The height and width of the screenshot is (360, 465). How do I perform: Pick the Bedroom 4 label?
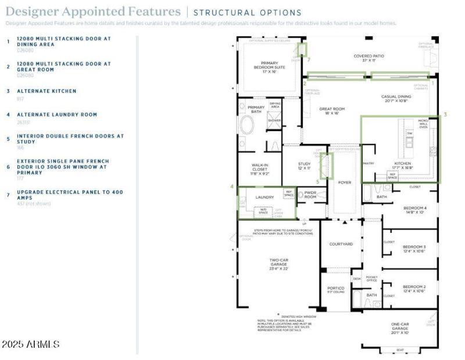click(415, 210)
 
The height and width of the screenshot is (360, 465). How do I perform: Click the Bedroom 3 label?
click(414, 249)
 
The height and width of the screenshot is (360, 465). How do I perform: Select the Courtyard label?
click(341, 244)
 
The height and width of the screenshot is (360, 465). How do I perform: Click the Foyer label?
click(345, 182)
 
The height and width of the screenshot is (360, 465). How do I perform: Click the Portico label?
click(337, 288)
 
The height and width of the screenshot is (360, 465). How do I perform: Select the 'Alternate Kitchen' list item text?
click(46, 91)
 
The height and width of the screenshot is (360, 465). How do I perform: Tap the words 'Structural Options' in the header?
click(247, 13)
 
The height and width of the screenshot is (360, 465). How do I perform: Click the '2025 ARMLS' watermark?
click(30, 344)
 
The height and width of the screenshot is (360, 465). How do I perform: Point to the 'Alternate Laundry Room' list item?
click(57, 115)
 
